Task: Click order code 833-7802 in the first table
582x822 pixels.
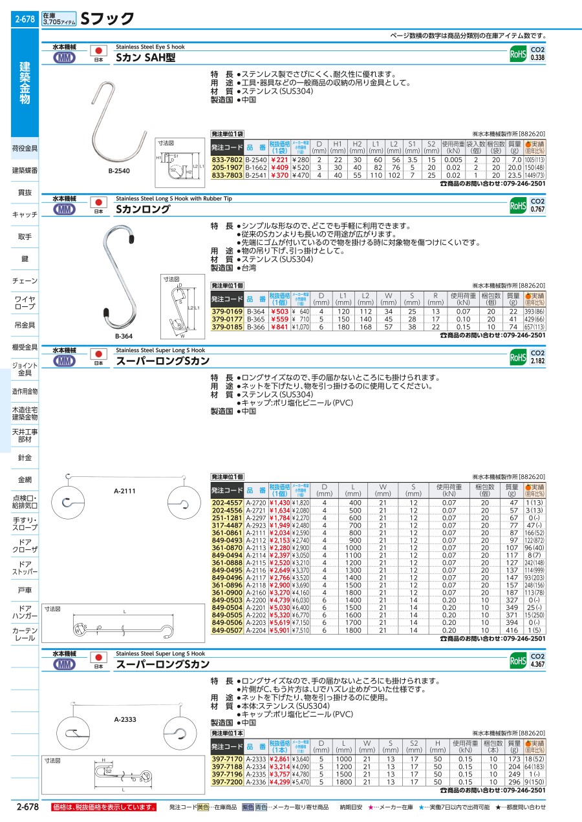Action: click(x=227, y=160)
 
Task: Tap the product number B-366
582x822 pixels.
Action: click(x=256, y=328)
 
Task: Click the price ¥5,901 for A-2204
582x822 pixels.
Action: click(x=280, y=630)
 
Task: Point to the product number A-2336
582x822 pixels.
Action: click(x=256, y=781)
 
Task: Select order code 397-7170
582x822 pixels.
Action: click(x=227, y=759)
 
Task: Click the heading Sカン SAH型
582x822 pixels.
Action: click(x=145, y=57)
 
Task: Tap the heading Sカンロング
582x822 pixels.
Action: click(x=143, y=209)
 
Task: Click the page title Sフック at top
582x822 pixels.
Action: click(x=107, y=19)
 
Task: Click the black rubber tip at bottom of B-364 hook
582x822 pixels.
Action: click(x=106, y=315)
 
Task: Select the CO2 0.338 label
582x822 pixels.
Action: click(x=537, y=54)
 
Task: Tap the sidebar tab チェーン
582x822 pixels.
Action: click(x=25, y=281)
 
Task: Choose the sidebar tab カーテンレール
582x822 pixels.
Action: click(x=25, y=634)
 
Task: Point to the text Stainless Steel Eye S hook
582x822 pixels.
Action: click(x=150, y=47)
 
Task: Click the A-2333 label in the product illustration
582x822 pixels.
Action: click(x=125, y=719)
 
